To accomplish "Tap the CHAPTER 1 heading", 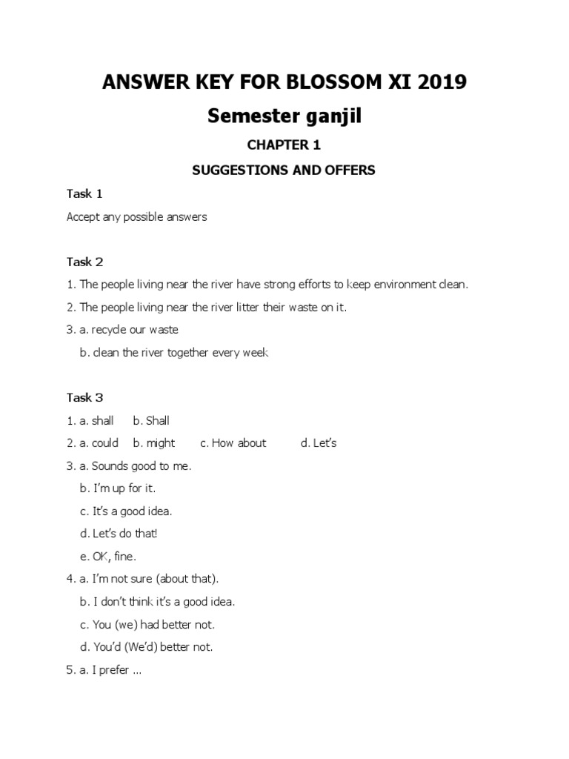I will (284, 145).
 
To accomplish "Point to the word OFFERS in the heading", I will (348, 170).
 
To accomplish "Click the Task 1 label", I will (84, 194).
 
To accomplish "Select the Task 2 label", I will (84, 262).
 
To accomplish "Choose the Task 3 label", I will (84, 398).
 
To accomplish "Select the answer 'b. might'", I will (154, 443).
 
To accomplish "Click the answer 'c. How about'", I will (233, 443).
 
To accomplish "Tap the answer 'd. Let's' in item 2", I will (319, 443).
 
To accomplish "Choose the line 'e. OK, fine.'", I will (108, 556).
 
